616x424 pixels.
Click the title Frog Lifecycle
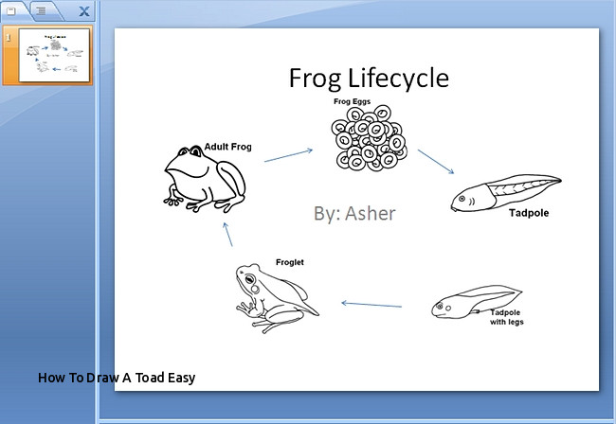(x=369, y=78)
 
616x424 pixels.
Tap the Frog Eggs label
(x=352, y=101)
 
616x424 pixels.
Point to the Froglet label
(x=289, y=262)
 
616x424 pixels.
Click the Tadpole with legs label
(x=507, y=317)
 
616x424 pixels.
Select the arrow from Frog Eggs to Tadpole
(x=436, y=162)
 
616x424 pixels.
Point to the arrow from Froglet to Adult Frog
(x=228, y=235)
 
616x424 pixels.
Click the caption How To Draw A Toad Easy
(x=117, y=378)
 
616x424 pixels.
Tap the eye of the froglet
(x=249, y=281)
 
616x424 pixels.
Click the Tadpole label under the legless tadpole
(x=528, y=214)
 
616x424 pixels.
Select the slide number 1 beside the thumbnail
(x=9, y=36)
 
